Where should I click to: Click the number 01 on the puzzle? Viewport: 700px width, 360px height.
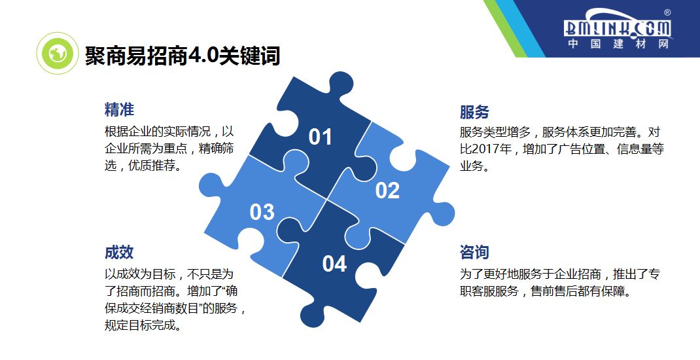tap(321, 137)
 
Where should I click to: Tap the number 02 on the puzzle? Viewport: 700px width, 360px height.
tap(387, 190)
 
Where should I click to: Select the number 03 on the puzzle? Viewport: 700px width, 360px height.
tap(262, 212)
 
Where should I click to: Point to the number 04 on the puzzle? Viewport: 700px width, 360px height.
tap(334, 264)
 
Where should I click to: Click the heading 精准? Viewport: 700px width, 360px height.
tap(119, 109)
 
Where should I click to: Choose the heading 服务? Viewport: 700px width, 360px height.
tap(474, 111)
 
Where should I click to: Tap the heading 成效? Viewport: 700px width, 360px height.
tap(119, 253)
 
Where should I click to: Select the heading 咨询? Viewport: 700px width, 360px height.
tap(474, 253)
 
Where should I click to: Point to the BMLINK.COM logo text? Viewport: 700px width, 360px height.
tap(618, 27)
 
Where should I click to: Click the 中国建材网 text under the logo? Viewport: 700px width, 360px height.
tap(618, 45)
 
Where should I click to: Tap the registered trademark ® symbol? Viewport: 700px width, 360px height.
tap(667, 12)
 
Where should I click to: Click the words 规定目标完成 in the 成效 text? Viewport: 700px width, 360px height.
tap(142, 325)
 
